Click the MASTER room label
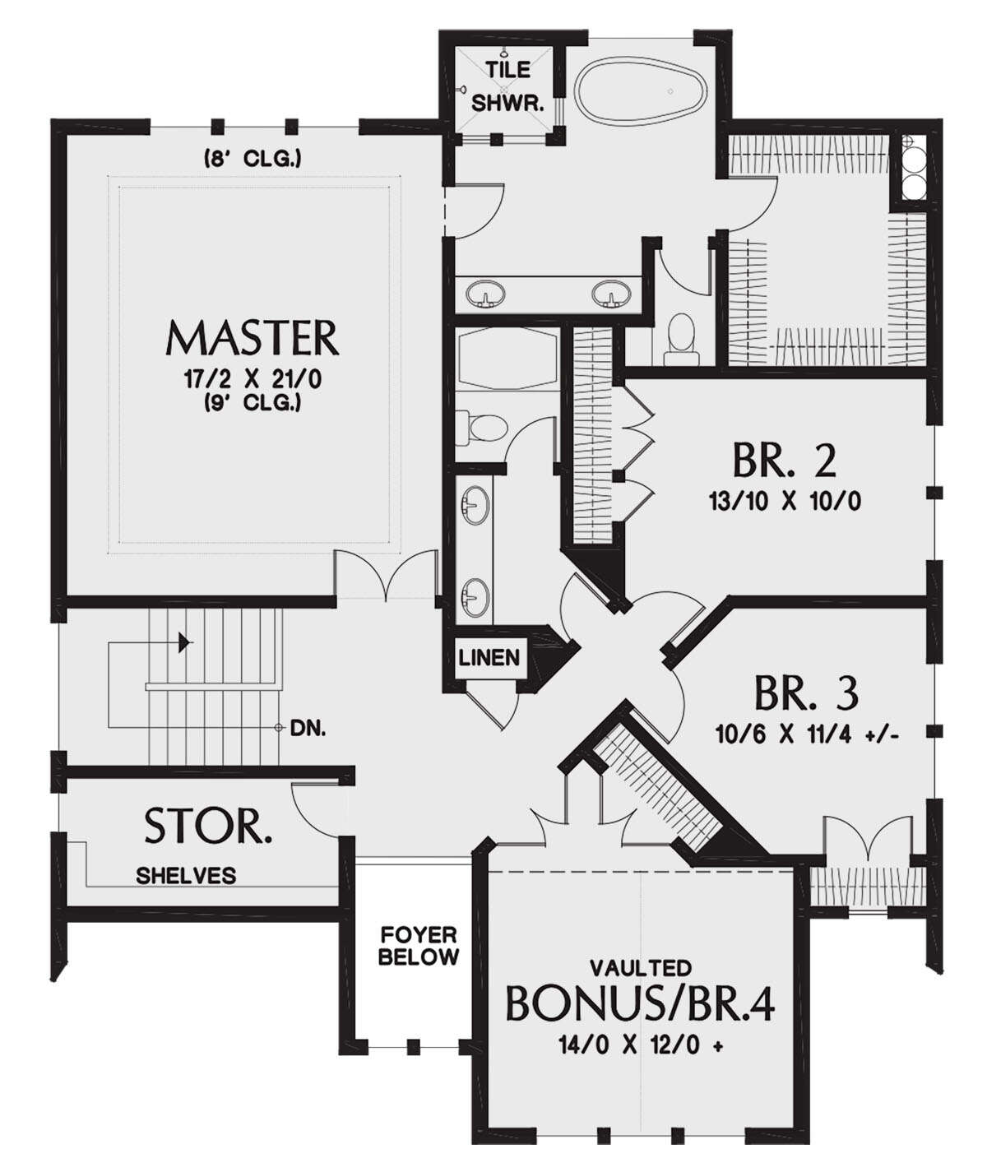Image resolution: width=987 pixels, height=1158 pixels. tap(253, 338)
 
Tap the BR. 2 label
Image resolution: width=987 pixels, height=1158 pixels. tap(784, 460)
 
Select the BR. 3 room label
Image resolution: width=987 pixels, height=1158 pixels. tap(806, 693)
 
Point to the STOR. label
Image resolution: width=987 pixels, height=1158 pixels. tap(208, 827)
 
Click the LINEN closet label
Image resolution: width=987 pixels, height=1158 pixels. tap(489, 658)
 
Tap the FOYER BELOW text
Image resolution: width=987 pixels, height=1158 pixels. tap(419, 946)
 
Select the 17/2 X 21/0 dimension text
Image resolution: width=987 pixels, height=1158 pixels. tap(253, 380)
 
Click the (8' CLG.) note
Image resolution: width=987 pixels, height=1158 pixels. tap(252, 159)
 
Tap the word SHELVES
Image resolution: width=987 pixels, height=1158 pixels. tap(186, 876)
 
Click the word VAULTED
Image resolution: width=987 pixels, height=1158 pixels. tap(640, 968)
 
